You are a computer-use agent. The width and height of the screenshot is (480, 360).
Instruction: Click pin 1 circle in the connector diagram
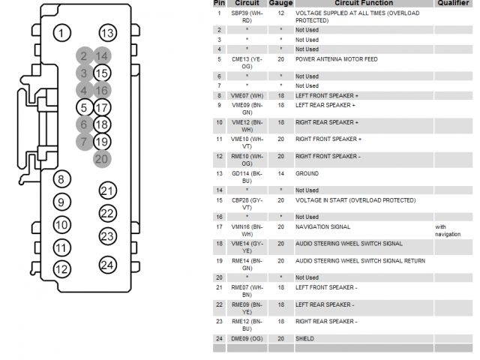pos(63,33)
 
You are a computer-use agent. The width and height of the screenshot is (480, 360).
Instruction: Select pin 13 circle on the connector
pos(108,33)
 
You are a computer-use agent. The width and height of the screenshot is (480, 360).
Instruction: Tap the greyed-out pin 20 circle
pos(102,157)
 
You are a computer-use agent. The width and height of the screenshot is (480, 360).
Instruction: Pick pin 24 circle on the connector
pos(108,265)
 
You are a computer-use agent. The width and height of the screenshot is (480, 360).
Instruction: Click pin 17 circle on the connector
pos(102,108)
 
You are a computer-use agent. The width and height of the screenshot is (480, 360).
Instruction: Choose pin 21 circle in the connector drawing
pos(108,190)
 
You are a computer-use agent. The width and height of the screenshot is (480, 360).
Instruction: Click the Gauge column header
pos(280,4)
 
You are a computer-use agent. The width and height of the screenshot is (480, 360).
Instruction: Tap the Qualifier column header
pos(454,4)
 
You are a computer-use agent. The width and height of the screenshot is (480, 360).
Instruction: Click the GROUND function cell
pos(307,173)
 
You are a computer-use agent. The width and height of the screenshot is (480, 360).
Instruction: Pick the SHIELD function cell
pos(306,339)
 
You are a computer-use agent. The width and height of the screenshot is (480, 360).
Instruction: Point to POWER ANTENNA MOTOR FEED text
pos(336,59)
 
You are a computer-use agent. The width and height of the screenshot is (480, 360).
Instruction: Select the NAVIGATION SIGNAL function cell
pos(322,226)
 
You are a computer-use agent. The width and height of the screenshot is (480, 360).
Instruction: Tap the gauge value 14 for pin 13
pos(280,173)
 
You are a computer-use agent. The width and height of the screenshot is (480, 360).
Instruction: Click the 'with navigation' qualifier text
pos(448,230)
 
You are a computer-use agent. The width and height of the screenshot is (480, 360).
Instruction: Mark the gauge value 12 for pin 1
pos(280,13)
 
